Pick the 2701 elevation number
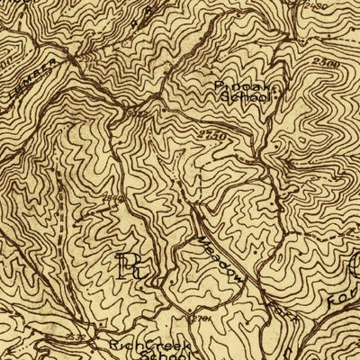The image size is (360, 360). (x=202, y=317)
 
